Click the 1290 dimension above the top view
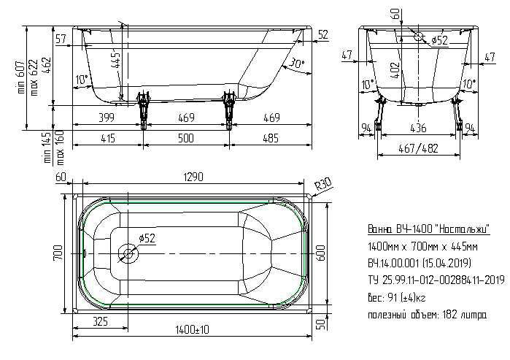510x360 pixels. pos(193,177)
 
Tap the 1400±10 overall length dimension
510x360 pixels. pos(193,330)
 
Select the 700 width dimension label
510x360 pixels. pos(58,253)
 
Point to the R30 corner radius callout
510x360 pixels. pos(323,184)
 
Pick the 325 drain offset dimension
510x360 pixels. pos(100,321)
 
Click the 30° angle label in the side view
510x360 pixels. pos(296,63)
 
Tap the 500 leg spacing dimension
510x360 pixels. pos(186,138)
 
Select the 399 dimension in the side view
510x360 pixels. pos(107,117)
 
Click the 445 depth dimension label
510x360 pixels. pos(116,61)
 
